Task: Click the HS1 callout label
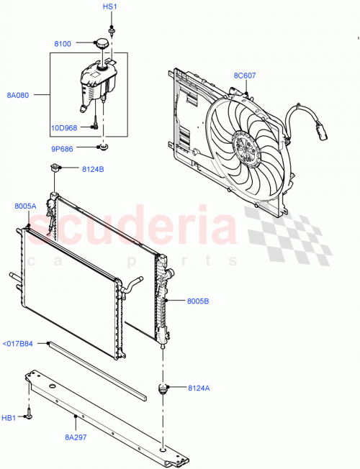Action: pos(109,6)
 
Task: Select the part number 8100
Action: pos(63,45)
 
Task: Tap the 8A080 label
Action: pos(18,94)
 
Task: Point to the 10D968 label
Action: pos(63,127)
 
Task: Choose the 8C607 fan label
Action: pos(245,76)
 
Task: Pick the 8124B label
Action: pos(93,170)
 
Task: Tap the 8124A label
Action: pos(199,388)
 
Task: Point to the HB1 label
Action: pos(9,416)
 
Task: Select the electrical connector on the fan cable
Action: pos(320,132)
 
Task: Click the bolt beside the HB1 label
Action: pos(30,415)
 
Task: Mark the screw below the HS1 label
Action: pos(112,30)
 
